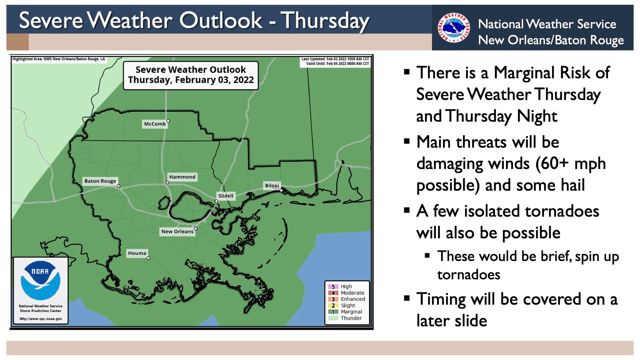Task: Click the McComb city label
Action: [x=155, y=124]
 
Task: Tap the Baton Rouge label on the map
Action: [x=100, y=181]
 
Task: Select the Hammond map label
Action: [x=182, y=177]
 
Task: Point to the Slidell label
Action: [x=226, y=196]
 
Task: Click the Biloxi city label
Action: [x=272, y=186]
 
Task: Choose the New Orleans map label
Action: [x=177, y=232]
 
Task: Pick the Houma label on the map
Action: [x=137, y=253]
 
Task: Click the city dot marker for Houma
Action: [x=148, y=258]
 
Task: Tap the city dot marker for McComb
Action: [x=168, y=121]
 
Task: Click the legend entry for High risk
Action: [x=340, y=287]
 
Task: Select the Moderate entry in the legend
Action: [x=346, y=293]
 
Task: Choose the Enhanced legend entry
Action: [x=347, y=299]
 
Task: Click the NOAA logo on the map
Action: [x=40, y=280]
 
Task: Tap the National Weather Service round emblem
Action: [x=454, y=28]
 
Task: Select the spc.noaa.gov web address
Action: [x=41, y=319]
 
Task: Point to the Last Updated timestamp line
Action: [x=335, y=59]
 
